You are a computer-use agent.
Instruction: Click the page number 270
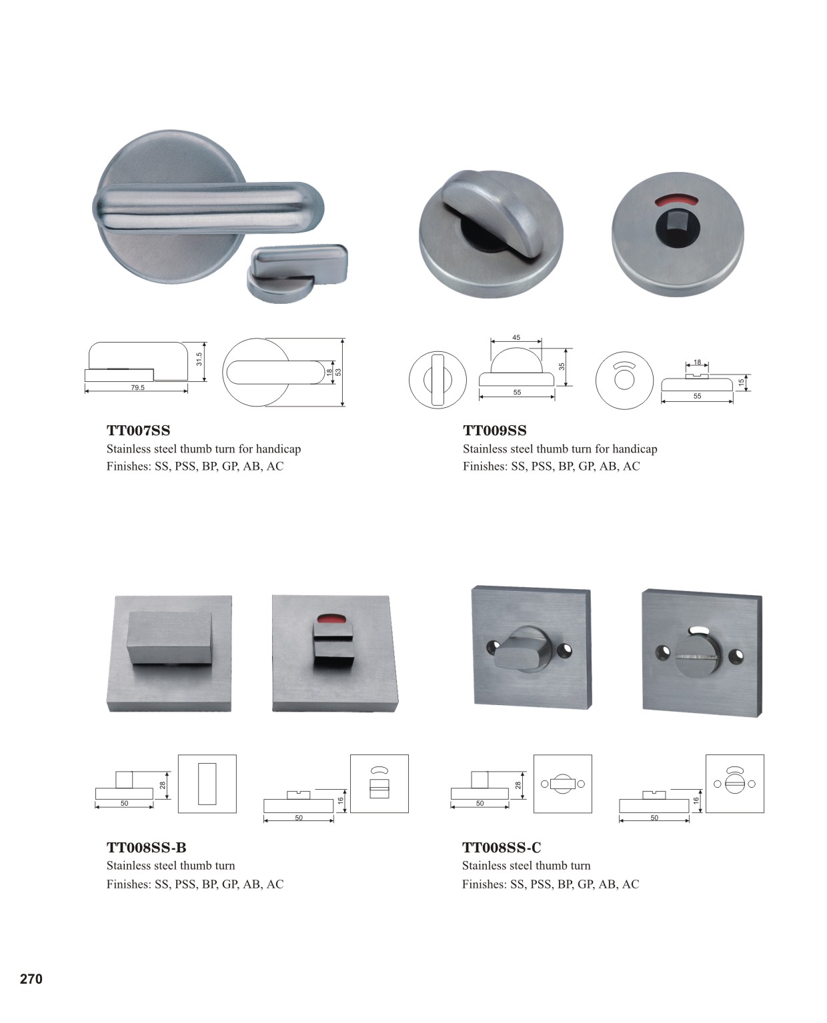tap(31, 979)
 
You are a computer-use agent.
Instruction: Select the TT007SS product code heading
tap(139, 430)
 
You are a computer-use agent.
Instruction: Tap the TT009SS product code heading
tap(494, 430)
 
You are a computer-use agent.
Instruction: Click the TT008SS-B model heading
tap(146, 847)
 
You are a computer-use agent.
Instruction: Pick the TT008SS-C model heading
tap(502, 847)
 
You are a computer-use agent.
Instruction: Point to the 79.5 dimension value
tap(137, 387)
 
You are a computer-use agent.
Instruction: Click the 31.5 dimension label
tap(199, 359)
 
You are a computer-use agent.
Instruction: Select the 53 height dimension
tap(338, 373)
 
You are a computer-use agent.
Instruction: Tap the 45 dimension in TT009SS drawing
tap(516, 337)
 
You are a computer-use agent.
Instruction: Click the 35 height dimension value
tap(562, 367)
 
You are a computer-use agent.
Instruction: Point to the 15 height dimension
tap(741, 383)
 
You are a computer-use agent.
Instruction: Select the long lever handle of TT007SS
tap(208, 207)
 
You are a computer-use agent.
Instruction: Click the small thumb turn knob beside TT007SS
tap(297, 272)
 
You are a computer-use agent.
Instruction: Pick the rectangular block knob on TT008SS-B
tap(171, 637)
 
